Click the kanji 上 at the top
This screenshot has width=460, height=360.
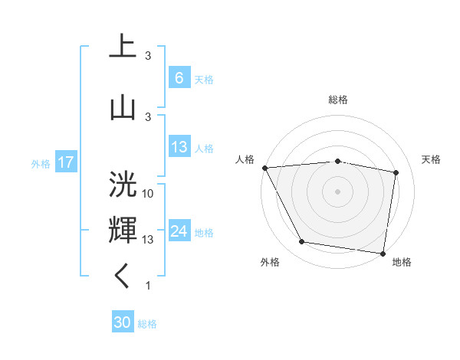click(123, 47)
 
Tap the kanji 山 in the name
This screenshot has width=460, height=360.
click(123, 106)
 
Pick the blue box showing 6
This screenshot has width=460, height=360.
click(179, 78)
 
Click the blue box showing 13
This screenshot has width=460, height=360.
click(179, 147)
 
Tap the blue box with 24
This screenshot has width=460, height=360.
click(179, 231)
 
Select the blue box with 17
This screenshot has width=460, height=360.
click(65, 162)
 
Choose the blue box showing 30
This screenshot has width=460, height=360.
click(123, 322)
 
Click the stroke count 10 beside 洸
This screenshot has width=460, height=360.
click(148, 194)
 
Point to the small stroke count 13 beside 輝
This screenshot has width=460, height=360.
click(148, 240)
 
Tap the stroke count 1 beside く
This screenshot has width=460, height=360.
click(148, 286)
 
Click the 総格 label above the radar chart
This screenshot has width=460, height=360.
click(338, 100)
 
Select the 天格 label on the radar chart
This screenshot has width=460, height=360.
click(431, 159)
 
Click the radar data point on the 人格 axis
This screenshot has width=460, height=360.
click(264, 167)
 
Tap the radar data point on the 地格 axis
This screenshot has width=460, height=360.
click(383, 253)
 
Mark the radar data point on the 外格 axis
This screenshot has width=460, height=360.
click(302, 242)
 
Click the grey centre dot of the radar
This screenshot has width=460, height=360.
click(338, 191)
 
